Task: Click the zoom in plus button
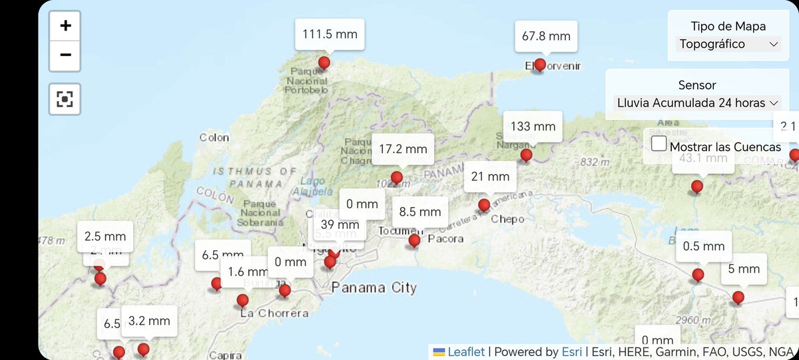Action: [x=65, y=26]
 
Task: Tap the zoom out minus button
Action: [x=65, y=55]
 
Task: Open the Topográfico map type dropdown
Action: [x=728, y=44]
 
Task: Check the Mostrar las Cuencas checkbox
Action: [x=659, y=144]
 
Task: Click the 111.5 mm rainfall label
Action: [x=330, y=34]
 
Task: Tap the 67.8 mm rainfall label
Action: [x=545, y=36]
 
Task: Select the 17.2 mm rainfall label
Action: [x=403, y=149]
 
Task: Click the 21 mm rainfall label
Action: [x=490, y=176]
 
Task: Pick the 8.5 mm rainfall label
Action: [x=420, y=212]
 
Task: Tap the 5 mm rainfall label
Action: [x=744, y=269]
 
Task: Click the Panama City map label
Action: [x=374, y=287]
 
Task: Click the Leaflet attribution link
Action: [x=467, y=351]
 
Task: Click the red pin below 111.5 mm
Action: [x=324, y=64]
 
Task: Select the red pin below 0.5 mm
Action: [x=698, y=275]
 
